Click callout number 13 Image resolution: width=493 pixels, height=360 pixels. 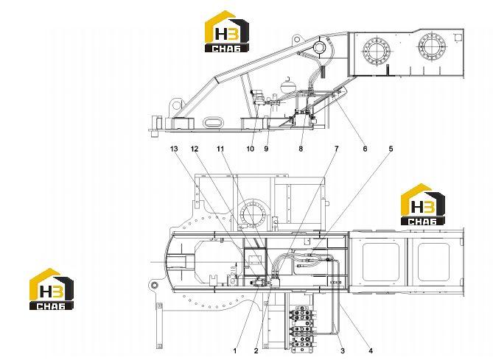tap(174, 149)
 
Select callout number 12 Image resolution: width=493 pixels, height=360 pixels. tap(195, 149)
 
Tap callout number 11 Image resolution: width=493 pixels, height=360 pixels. tap(220, 149)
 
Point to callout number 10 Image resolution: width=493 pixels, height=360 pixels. tap(251, 149)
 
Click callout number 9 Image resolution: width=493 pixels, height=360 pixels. tap(266, 149)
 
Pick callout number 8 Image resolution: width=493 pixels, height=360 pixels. tap(301, 149)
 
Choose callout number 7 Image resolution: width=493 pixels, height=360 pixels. tap(337, 149)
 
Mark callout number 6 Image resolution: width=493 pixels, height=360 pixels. tap(365, 149)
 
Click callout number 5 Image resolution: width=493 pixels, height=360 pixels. tap(391, 149)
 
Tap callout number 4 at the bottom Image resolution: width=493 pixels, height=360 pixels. tap(371, 350)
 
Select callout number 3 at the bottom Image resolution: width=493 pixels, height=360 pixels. tap(343, 350)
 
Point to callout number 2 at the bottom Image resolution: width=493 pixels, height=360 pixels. tap(256, 350)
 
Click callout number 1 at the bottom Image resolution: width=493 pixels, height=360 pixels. tap(235, 350)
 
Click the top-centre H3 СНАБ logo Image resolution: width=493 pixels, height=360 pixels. tap(227, 32)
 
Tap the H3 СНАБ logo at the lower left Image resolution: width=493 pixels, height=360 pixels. tap(52, 289)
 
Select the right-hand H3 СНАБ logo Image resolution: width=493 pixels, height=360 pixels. tap(423, 205)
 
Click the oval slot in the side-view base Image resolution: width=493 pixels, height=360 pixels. tap(213, 122)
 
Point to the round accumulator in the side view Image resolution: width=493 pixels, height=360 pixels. tap(287, 85)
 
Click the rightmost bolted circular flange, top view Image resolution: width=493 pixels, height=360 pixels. tap(431, 47)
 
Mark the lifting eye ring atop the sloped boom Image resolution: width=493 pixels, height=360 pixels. tap(296, 40)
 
